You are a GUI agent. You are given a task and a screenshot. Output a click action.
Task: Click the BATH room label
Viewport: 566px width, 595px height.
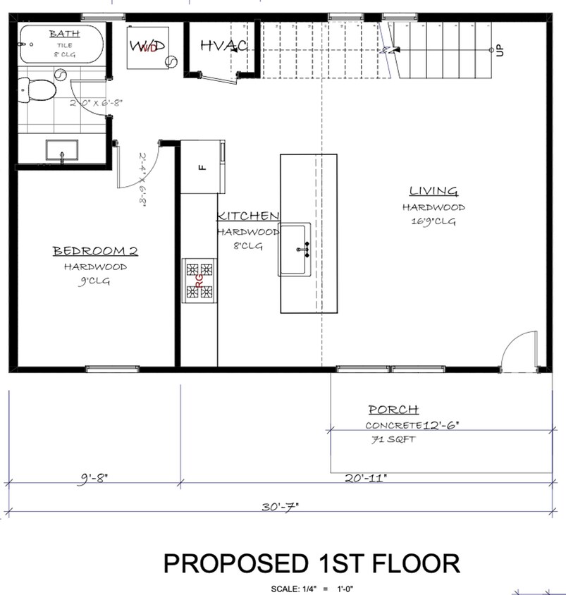(x=64, y=33)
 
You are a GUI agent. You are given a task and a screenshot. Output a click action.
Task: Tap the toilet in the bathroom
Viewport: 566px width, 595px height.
(x=39, y=90)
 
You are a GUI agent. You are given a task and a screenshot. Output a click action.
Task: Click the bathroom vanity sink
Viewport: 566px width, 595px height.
(x=63, y=151)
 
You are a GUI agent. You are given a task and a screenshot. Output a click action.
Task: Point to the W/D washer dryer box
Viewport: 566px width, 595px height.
(x=147, y=47)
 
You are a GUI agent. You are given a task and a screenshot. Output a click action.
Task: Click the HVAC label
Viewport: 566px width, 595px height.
(x=223, y=47)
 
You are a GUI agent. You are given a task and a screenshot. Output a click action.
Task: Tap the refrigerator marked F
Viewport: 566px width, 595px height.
(x=202, y=166)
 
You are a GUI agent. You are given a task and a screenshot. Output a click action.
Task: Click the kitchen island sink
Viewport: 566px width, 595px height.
(x=296, y=249)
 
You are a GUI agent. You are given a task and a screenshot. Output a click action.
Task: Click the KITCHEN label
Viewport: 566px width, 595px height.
(x=248, y=216)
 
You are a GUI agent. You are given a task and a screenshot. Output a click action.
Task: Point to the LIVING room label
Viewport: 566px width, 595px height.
(x=433, y=191)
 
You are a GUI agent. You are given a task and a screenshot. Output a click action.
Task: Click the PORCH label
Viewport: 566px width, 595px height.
(x=393, y=410)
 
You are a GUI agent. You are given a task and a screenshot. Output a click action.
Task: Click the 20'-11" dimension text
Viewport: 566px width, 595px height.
(x=367, y=477)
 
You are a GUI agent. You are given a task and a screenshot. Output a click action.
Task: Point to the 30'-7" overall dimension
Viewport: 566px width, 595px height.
(x=279, y=506)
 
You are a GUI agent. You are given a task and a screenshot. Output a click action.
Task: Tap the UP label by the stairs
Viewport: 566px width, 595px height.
(x=500, y=50)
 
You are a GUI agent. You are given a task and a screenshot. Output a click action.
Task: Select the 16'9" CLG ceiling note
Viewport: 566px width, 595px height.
(x=433, y=221)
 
